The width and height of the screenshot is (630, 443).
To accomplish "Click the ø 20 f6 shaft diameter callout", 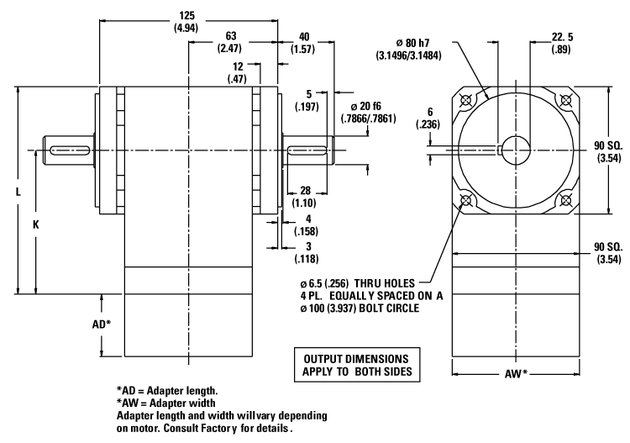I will click(368, 109).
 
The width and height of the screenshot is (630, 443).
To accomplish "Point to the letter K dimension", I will click(36, 225).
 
